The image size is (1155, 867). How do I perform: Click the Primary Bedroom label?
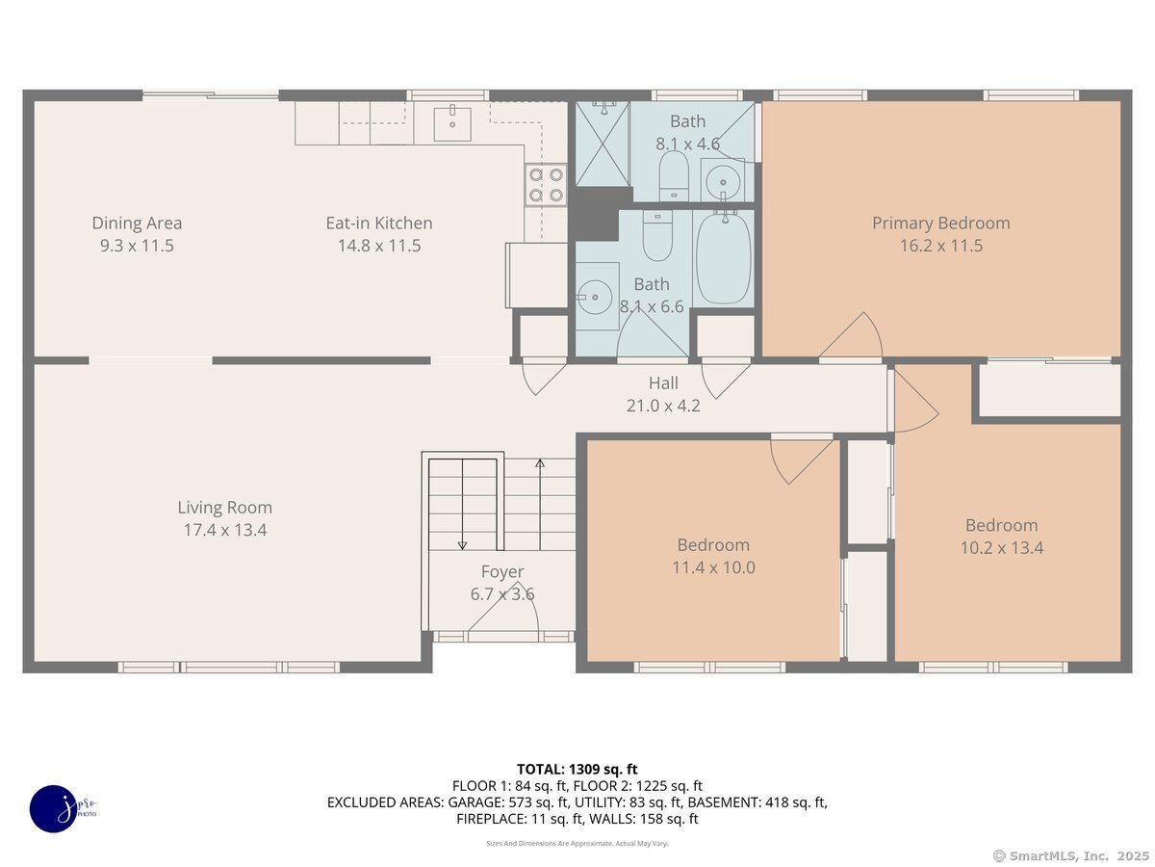(x=940, y=223)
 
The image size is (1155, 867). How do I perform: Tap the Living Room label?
(x=224, y=508)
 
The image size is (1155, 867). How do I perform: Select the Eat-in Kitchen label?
(x=379, y=223)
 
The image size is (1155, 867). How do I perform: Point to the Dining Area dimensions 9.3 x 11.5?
(x=137, y=246)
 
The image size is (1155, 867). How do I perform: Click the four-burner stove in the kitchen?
(x=546, y=185)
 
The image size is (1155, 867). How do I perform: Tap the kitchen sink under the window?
(x=452, y=123)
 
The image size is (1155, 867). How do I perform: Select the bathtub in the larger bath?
(x=724, y=257)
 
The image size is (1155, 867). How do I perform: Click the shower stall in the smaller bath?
(x=602, y=144)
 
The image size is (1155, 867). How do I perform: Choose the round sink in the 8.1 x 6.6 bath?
(x=595, y=297)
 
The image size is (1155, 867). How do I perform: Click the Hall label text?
(x=663, y=383)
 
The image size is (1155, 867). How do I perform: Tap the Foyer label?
(x=502, y=571)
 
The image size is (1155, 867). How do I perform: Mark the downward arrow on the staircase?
(x=462, y=504)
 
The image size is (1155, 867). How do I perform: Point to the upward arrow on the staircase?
(x=540, y=504)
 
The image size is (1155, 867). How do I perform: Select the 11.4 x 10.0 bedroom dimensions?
(x=713, y=567)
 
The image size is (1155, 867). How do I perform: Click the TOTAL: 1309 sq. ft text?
(x=577, y=770)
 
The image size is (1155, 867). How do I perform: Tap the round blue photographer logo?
(x=54, y=809)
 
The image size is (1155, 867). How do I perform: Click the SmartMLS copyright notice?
(x=1070, y=856)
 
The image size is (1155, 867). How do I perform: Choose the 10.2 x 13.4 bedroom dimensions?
(x=1001, y=548)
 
